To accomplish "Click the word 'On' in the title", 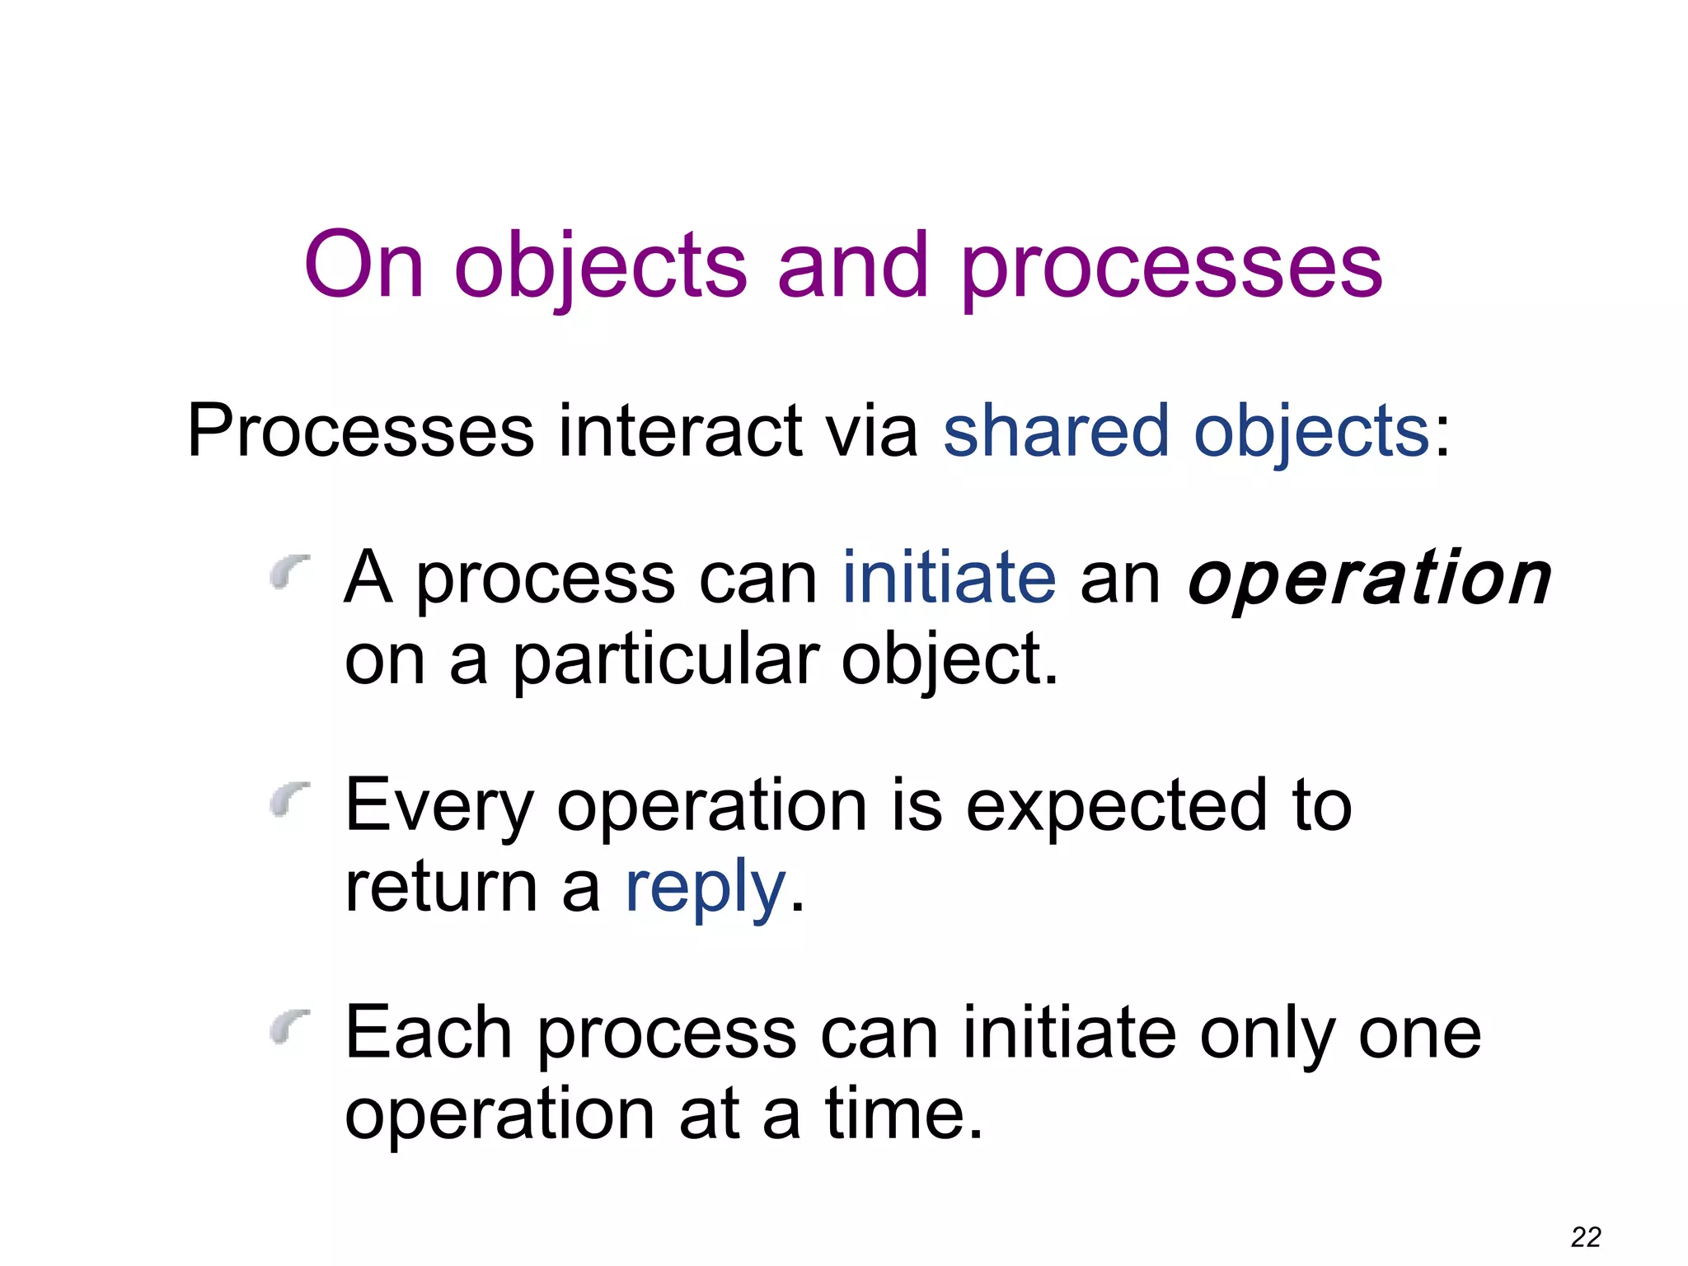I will [364, 265].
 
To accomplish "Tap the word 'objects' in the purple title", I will [600, 266].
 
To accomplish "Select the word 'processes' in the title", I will [1171, 266].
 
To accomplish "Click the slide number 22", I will [1586, 1236].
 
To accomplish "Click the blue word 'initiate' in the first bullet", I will [949, 578].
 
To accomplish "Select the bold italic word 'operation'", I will [1369, 578].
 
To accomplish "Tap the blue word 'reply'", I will [706, 889].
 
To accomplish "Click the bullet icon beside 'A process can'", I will [290, 570].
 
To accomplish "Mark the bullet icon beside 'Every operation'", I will [290, 798].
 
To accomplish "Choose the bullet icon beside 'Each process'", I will [290, 1025].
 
